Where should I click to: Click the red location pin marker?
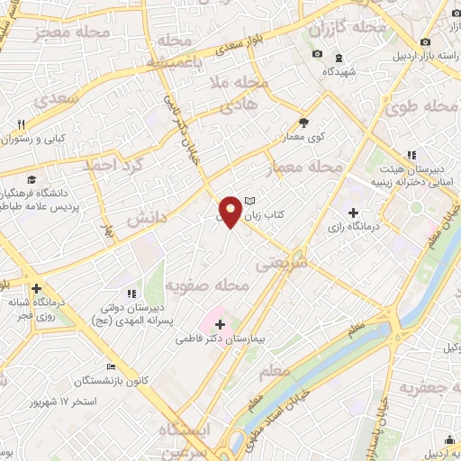(x=231, y=211)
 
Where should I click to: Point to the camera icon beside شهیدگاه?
(x=317, y=55)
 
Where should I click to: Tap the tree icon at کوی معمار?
(x=303, y=123)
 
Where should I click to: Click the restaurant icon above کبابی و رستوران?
(x=21, y=124)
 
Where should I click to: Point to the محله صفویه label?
(x=206, y=286)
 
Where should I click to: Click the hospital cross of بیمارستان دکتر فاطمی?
(x=220, y=322)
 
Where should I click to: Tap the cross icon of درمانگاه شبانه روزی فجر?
(x=36, y=289)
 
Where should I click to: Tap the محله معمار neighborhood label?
(x=306, y=168)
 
